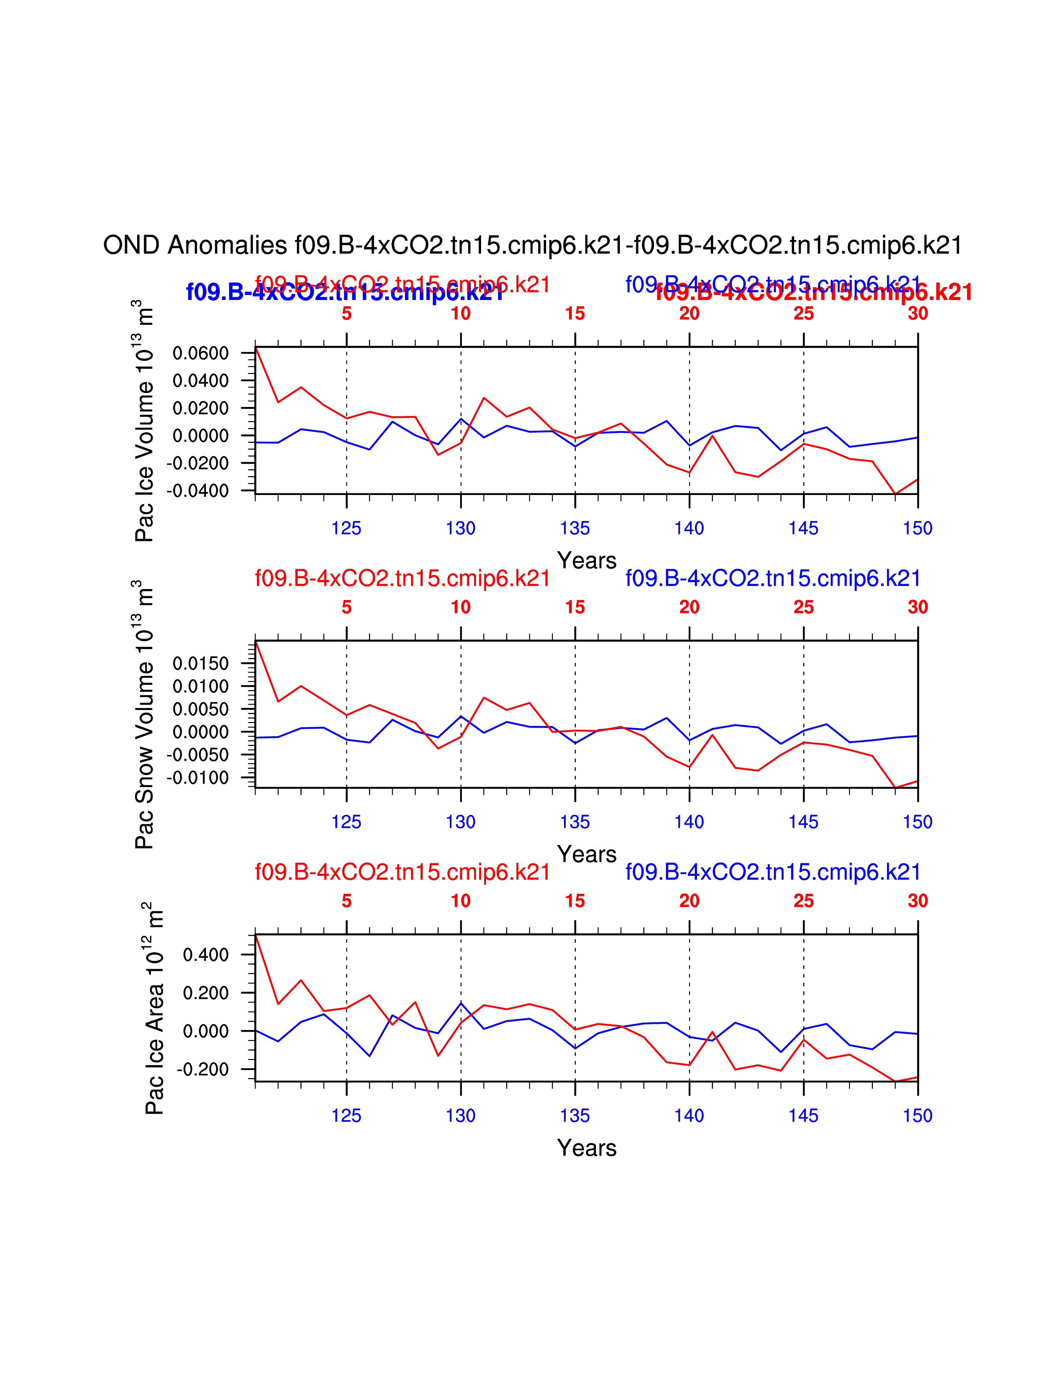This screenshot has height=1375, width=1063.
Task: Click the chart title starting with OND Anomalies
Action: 532,245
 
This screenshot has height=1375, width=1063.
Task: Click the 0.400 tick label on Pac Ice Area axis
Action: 205,955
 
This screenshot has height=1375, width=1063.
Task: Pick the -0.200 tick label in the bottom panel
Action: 203,1069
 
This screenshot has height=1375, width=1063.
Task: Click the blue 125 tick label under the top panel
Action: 346,528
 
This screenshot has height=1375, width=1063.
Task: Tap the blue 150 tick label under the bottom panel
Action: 918,1115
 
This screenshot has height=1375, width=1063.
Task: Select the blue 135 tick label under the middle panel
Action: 575,822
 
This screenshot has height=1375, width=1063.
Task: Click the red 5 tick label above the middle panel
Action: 346,607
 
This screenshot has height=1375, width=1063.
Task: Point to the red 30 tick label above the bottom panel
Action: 918,901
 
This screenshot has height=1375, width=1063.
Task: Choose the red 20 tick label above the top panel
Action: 689,313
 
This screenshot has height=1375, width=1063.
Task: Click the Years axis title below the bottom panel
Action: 586,1148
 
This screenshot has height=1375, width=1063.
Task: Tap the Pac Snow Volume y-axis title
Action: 145,715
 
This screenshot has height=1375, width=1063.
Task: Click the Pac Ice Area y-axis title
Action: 154,1008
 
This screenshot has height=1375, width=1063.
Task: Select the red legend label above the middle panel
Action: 402,578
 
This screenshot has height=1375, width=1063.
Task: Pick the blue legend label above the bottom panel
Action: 773,872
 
